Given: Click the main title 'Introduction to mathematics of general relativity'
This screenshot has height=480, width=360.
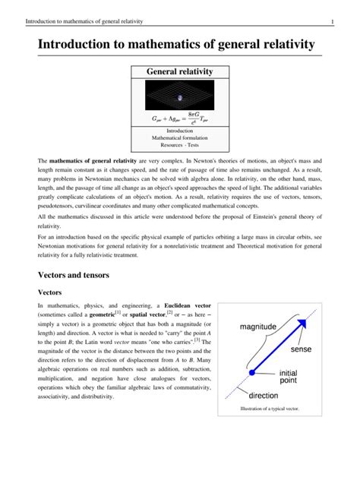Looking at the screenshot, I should tap(176, 44).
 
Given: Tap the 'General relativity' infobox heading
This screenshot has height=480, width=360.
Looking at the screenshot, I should tap(179, 72).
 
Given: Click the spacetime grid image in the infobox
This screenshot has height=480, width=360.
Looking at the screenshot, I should tap(180, 96).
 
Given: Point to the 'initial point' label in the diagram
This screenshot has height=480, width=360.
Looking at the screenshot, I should tap(292, 377).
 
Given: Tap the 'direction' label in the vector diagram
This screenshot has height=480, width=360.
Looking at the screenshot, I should tap(264, 396).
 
